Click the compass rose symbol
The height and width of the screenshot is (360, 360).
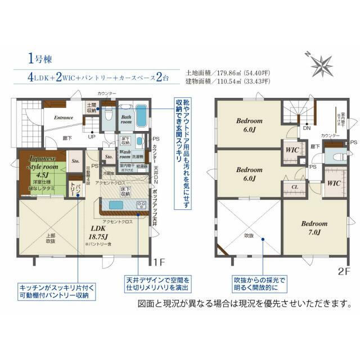coord(321,64)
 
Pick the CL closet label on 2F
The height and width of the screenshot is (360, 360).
coord(294,187)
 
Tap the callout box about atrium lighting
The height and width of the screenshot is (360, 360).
coord(260,283)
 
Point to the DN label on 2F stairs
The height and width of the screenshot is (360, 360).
coord(307,129)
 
